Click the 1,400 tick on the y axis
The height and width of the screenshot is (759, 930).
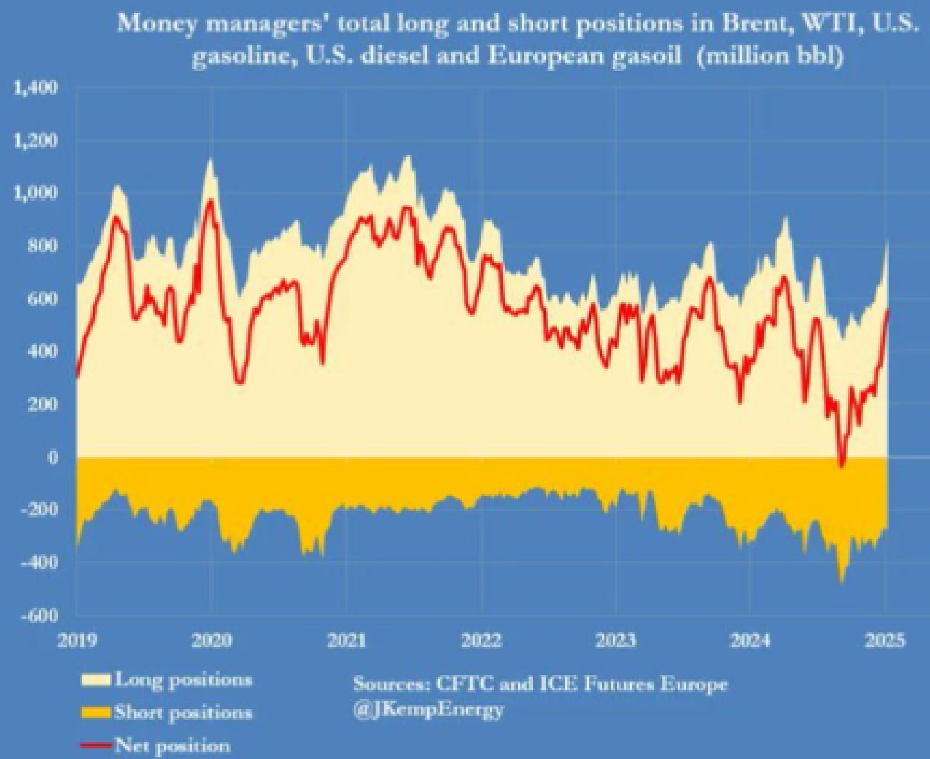tap(34, 88)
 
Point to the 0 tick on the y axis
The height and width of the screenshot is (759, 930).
tap(52, 457)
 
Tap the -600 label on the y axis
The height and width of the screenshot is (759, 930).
tap(39, 615)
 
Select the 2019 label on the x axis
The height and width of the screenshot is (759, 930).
tap(77, 640)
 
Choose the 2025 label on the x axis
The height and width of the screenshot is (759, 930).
tap(885, 640)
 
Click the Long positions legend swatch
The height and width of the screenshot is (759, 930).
tap(96, 679)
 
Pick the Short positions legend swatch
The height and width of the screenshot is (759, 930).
tap(96, 712)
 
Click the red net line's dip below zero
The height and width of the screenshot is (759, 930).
tap(842, 464)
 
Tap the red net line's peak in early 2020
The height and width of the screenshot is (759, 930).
tap(210, 202)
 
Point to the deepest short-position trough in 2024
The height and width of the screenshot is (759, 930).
tap(841, 582)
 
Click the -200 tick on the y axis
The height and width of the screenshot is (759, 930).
tap(39, 509)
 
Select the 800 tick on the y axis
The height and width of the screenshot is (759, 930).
tap(43, 246)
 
